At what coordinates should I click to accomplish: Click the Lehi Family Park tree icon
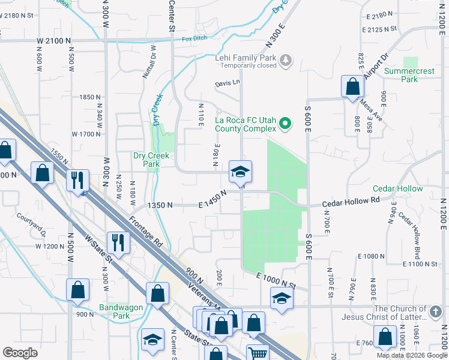click(286, 59)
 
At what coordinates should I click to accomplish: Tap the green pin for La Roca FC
click(286, 124)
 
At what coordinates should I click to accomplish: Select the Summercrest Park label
click(409, 75)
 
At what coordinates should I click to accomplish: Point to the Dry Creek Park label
click(146, 159)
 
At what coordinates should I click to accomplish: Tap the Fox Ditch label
click(194, 39)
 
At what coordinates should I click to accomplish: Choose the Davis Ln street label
click(228, 84)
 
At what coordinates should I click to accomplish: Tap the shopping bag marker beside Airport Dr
click(352, 86)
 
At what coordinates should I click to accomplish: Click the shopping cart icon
click(258, 353)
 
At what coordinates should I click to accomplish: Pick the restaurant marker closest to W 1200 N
click(118, 242)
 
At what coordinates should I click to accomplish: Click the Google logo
click(20, 353)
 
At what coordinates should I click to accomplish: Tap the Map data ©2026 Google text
click(412, 355)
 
